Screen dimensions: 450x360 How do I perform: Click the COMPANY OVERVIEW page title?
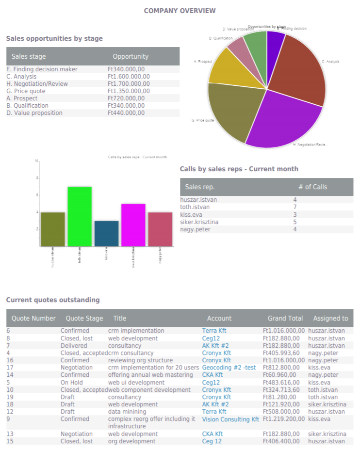[x=180, y=11]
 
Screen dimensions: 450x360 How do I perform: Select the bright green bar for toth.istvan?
[x=80, y=216]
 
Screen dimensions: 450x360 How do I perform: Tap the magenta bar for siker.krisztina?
[x=133, y=225]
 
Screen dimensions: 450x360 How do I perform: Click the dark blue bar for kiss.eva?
[x=106, y=233]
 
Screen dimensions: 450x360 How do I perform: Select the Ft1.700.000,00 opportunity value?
[x=129, y=84]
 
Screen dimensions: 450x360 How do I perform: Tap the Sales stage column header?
[x=29, y=56]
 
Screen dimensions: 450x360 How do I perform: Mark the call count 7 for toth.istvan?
[x=295, y=207]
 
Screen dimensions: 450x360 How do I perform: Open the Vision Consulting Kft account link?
[x=230, y=419]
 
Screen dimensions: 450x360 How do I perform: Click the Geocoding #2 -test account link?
[x=229, y=368]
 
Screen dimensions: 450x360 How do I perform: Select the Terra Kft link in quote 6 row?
[x=214, y=331]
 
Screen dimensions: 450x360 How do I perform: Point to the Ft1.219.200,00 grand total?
[x=283, y=419]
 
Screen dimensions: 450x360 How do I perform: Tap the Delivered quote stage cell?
[x=74, y=346]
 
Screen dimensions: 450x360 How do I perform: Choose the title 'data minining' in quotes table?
[x=127, y=412]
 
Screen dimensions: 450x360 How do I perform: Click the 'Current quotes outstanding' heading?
[x=53, y=300]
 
